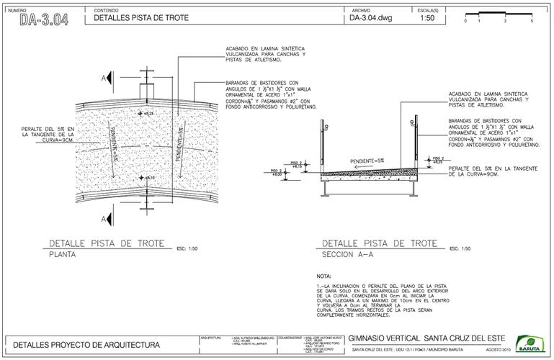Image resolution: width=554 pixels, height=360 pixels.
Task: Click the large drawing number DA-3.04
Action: [x=44, y=19]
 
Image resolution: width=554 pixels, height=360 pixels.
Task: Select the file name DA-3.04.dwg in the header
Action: [x=370, y=19]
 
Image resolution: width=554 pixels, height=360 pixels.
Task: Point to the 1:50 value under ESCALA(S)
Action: [x=427, y=19]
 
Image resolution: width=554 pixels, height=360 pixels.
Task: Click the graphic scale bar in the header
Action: [x=498, y=14]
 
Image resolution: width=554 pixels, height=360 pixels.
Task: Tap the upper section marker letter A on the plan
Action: [x=105, y=77]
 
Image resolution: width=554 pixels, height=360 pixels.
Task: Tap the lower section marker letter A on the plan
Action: [x=105, y=218]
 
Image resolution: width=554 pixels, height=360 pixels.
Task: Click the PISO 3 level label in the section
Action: [x=437, y=160]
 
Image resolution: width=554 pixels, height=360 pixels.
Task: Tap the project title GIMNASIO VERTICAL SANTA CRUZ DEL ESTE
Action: [x=426, y=338]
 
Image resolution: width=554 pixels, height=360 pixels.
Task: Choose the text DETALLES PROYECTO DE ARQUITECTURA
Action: [x=86, y=345]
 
